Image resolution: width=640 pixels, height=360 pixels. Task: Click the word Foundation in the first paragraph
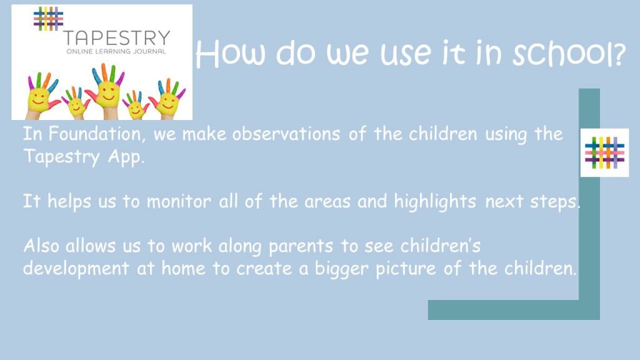(95, 134)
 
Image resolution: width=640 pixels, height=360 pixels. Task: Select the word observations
(286, 134)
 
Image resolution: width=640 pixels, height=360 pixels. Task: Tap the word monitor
(179, 201)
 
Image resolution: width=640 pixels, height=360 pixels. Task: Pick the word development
(76, 269)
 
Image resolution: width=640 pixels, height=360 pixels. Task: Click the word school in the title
(569, 54)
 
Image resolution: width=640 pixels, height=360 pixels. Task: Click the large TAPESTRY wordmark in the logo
(117, 38)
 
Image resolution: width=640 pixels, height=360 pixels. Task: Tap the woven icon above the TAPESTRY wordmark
(48, 18)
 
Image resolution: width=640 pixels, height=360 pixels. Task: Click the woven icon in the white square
(604, 152)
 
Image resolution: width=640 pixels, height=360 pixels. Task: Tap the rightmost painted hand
(168, 97)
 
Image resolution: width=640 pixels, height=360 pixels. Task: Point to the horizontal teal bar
(514, 310)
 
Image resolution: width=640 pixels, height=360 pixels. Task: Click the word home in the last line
(183, 269)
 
